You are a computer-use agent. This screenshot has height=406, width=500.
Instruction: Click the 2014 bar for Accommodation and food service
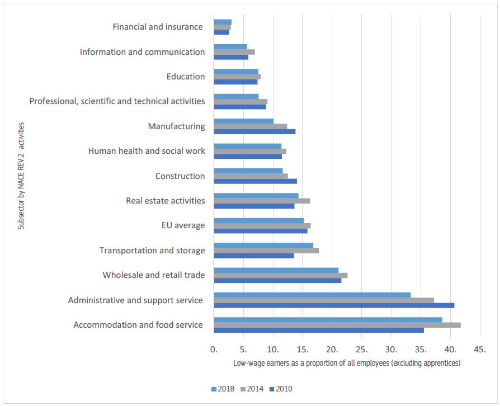click(x=337, y=325)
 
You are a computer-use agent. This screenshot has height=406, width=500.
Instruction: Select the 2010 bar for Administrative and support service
click(x=334, y=305)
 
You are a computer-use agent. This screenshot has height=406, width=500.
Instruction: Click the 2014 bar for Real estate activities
click(x=262, y=201)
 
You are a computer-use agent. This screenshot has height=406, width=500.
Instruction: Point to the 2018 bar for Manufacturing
click(x=243, y=121)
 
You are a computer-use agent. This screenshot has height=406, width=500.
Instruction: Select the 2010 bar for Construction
click(x=255, y=181)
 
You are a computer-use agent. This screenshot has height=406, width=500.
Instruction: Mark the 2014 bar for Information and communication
click(x=234, y=52)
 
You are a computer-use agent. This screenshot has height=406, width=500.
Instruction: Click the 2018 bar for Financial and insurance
click(x=222, y=22)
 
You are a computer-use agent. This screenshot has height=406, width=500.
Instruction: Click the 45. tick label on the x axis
click(x=479, y=350)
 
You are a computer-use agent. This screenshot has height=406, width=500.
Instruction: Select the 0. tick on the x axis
click(x=214, y=350)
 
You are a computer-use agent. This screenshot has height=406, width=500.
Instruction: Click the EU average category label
click(x=182, y=225)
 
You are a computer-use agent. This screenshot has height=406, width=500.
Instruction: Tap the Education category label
click(x=186, y=77)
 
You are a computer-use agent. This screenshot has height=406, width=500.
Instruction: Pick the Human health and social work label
click(x=147, y=151)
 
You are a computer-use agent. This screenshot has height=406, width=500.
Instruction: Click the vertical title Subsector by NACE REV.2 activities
click(x=21, y=176)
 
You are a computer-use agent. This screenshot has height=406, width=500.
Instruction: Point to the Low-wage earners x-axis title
click(x=347, y=363)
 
